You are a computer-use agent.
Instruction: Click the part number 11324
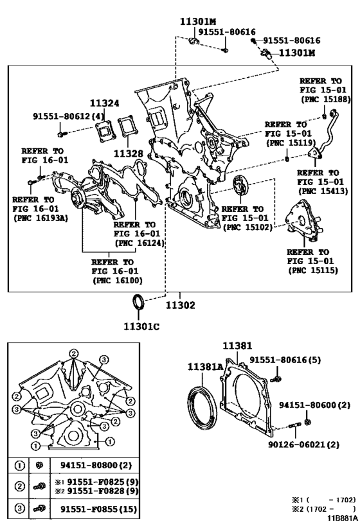click(104, 103)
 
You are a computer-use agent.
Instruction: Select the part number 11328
click(127, 153)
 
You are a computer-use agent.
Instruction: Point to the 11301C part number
click(141, 326)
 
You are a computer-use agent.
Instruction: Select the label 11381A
click(205, 366)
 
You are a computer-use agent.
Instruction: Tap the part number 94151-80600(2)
click(314, 405)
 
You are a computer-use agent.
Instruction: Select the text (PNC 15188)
click(325, 100)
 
